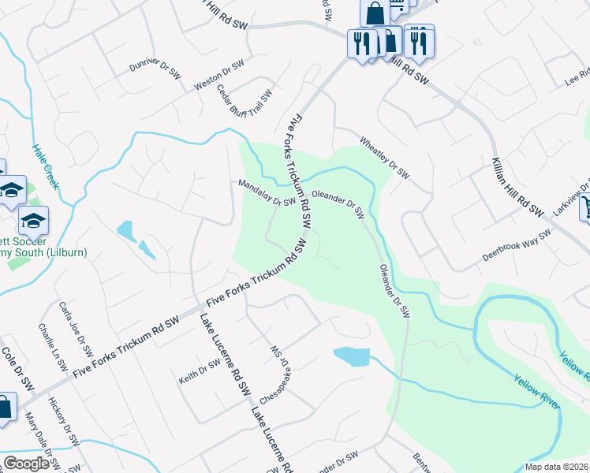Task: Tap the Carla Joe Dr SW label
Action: [73, 326]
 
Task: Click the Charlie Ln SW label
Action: [49, 347]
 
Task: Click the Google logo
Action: [26, 464]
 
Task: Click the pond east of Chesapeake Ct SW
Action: [351, 356]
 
